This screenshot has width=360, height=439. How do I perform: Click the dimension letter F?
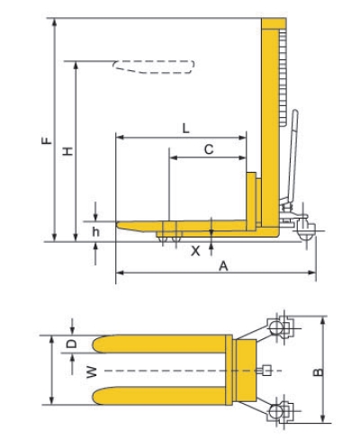(x=47, y=140)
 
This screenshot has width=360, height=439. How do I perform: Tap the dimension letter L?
(x=186, y=129)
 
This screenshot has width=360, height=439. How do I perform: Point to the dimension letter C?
(x=209, y=149)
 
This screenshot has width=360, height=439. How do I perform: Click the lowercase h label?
(x=95, y=231)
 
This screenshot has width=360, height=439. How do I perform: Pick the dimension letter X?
(x=195, y=251)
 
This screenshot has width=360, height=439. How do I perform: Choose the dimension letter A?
(x=223, y=265)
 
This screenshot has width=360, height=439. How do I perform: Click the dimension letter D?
(x=71, y=344)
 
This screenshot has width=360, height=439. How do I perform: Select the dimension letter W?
(x=92, y=372)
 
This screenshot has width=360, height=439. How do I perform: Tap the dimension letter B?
(x=319, y=372)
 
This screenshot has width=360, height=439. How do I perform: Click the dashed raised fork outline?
(x=154, y=67)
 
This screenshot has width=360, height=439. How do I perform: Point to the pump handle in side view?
(x=292, y=156)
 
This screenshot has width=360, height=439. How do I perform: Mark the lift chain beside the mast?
(x=283, y=78)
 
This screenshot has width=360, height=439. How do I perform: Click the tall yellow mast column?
(x=270, y=126)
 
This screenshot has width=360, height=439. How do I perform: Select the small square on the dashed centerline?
(x=266, y=371)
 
